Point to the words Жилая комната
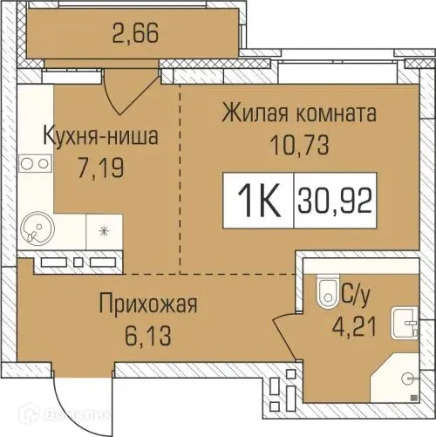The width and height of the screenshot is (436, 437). [x=299, y=114]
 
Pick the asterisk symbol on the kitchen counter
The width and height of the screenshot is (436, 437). [x=105, y=230]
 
